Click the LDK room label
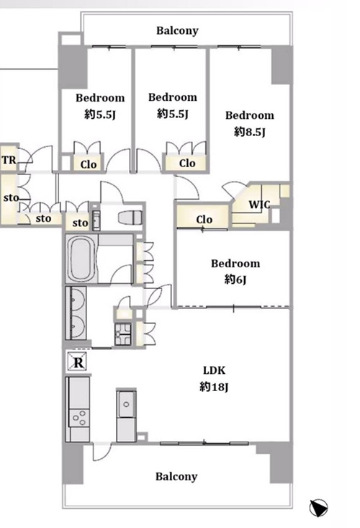(x=214, y=370)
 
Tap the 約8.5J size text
(x=250, y=132)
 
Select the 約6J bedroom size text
(x=235, y=279)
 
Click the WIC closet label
(x=259, y=204)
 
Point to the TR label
(x=9, y=160)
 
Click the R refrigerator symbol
(x=78, y=362)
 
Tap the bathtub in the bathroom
(x=81, y=259)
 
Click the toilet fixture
(x=130, y=217)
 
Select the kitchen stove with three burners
(x=80, y=418)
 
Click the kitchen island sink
(x=126, y=404)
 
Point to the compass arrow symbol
(x=318, y=508)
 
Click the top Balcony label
(x=177, y=31)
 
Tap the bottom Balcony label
(x=176, y=477)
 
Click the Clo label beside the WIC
(x=204, y=220)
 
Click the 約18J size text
(x=214, y=387)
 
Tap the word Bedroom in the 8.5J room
(x=250, y=115)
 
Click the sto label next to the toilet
(x=80, y=223)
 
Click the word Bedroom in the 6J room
(x=235, y=264)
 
